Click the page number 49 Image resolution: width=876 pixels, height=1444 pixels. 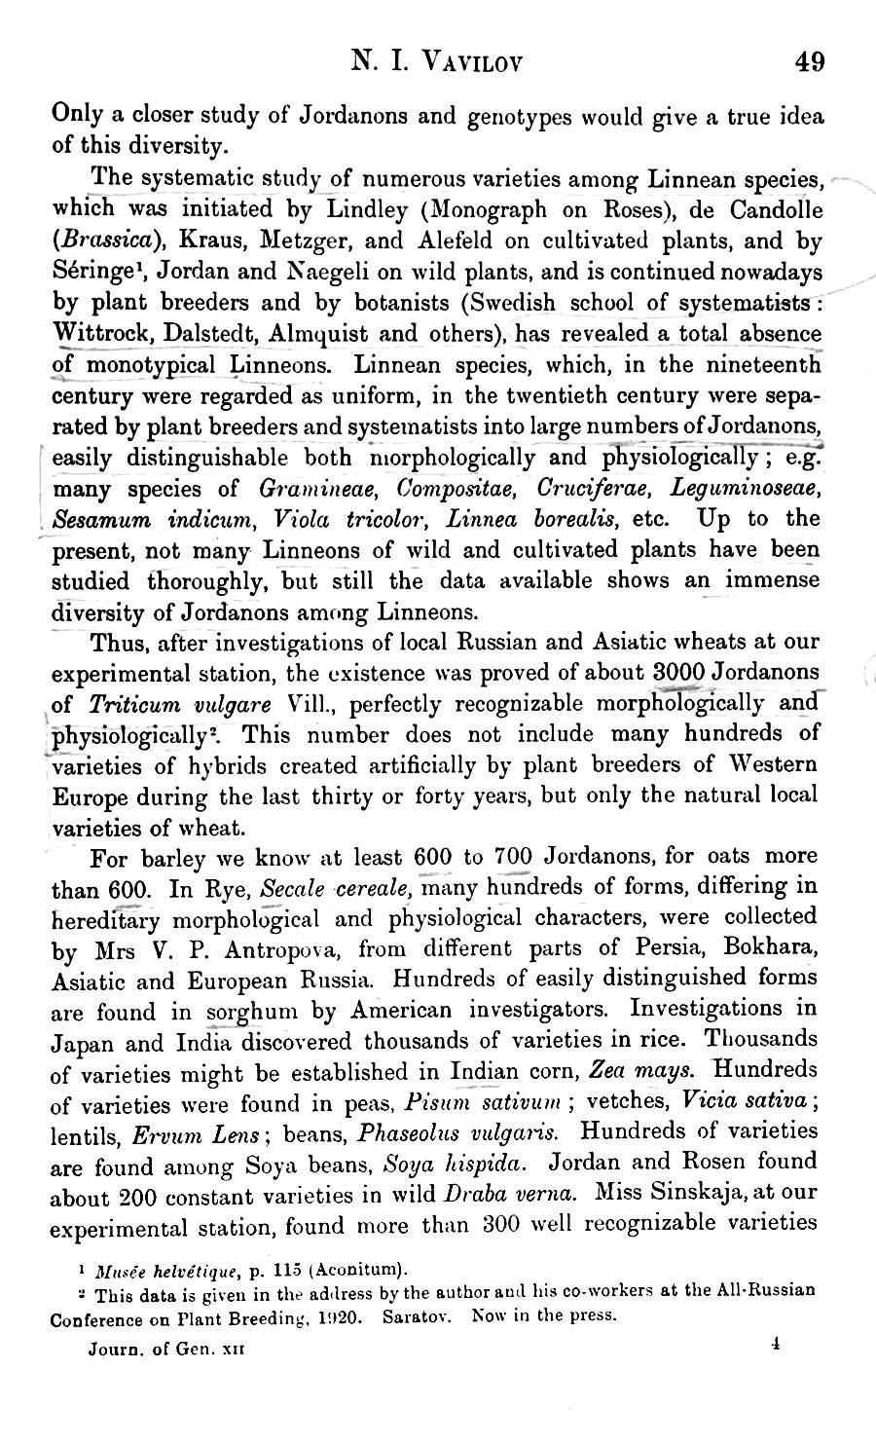coord(809,63)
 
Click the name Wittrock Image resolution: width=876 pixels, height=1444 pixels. coord(97,334)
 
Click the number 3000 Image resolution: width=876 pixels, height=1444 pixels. coord(678,674)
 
